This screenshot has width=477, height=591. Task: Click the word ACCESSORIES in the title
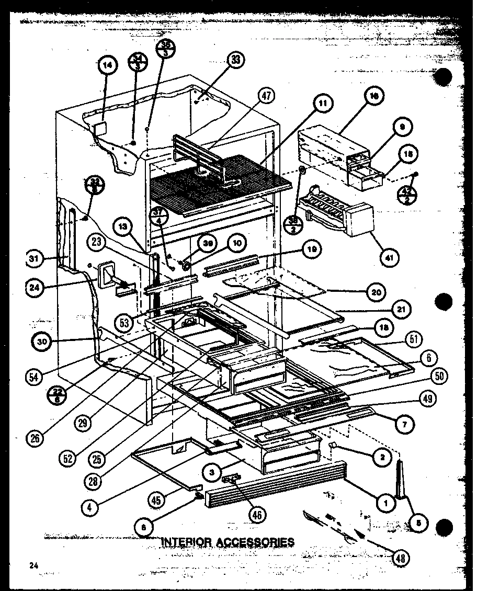point(255,541)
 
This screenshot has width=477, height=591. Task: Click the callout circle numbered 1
point(387,504)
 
